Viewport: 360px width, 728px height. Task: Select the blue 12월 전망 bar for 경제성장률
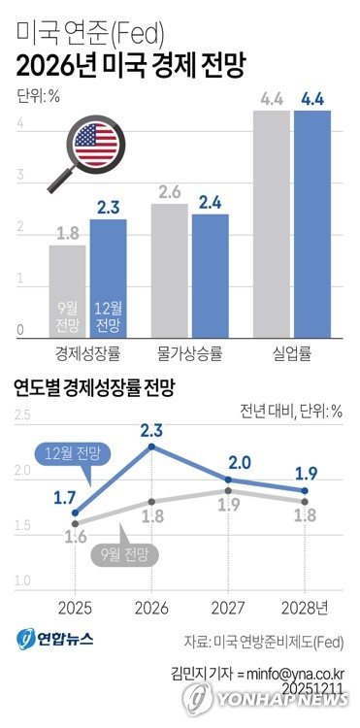[x=108, y=277]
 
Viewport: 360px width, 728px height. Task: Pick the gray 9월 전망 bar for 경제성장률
[x=67, y=289]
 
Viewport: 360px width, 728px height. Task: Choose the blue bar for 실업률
[x=312, y=223]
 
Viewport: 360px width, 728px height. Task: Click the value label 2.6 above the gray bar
[x=170, y=191]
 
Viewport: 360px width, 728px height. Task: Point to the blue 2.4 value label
[x=211, y=202]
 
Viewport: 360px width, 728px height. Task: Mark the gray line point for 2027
[x=227, y=491]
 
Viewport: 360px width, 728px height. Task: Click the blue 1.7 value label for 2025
[x=64, y=498]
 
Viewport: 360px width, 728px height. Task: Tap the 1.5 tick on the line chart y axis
[x=22, y=526]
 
